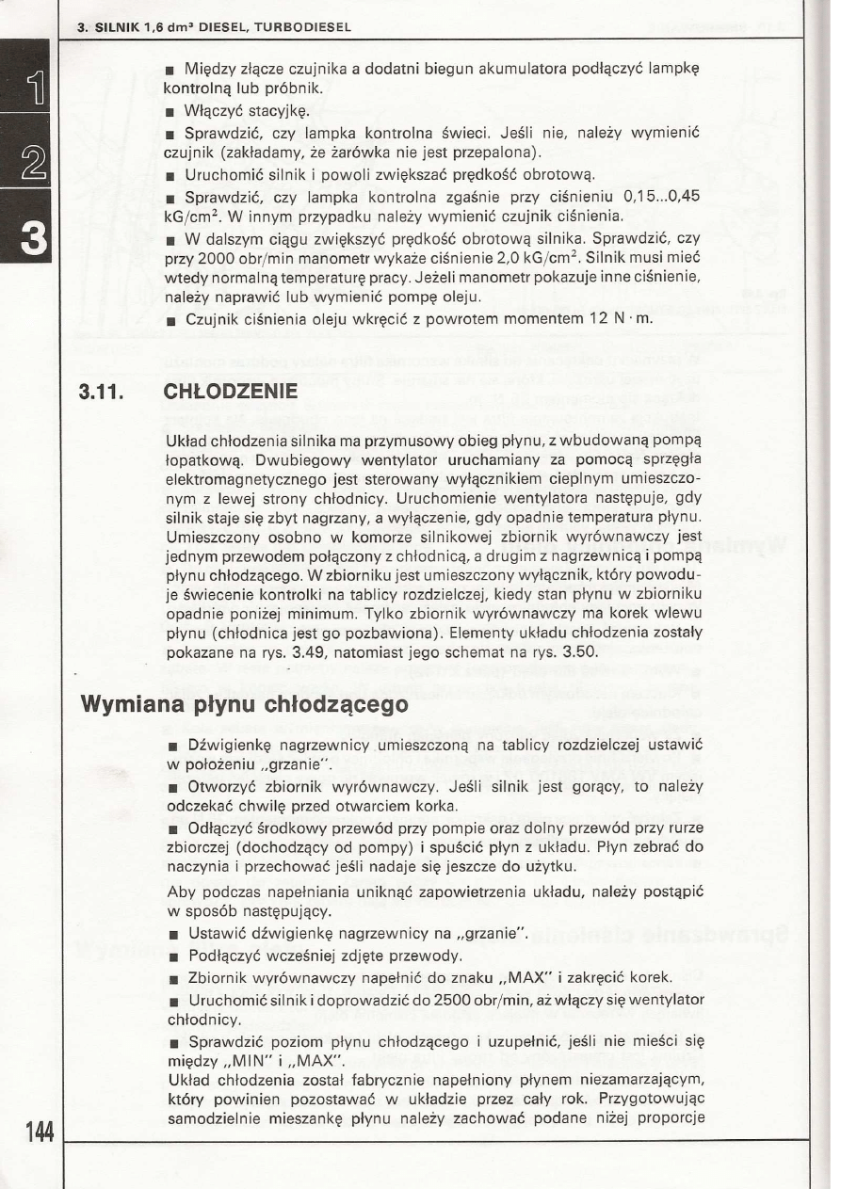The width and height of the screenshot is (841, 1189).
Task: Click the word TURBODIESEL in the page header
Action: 304,27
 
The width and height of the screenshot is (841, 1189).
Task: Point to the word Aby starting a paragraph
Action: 180,891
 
